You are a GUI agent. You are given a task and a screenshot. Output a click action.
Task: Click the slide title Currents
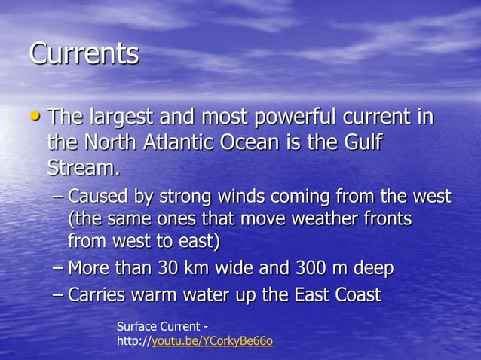pyautogui.click(x=84, y=54)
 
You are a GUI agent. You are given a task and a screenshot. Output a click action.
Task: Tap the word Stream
pyautogui.click(x=81, y=166)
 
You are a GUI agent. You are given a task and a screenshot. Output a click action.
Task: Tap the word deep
pyautogui.click(x=371, y=269)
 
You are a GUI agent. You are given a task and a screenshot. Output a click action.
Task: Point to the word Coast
pyautogui.click(x=356, y=294)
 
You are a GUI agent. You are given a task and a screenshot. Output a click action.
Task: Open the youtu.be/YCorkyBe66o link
pyautogui.click(x=213, y=342)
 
